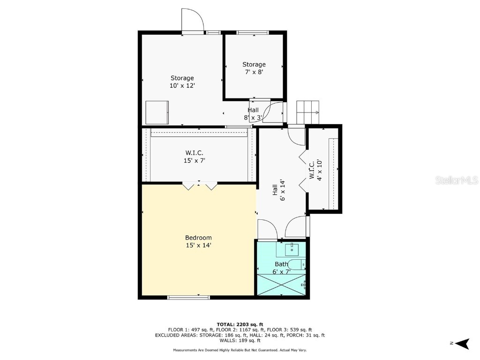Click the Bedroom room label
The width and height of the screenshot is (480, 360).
[198, 238]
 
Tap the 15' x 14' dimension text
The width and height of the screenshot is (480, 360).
[198, 245]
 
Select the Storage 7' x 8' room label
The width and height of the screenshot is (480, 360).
[254, 68]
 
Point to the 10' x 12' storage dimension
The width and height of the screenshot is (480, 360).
[182, 86]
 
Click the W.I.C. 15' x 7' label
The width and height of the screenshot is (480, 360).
[194, 157]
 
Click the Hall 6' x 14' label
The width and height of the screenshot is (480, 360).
[278, 190]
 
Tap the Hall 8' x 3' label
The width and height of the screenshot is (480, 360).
[253, 114]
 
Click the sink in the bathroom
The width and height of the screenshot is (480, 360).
[292, 247]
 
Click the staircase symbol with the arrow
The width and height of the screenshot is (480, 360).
[307, 112]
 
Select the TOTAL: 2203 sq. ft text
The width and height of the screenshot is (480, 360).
[240, 324]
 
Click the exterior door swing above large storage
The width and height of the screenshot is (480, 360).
[192, 20]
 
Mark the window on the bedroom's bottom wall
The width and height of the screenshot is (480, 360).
[188, 297]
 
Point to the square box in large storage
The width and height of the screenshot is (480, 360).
[157, 112]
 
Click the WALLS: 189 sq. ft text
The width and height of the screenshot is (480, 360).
[240, 341]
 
